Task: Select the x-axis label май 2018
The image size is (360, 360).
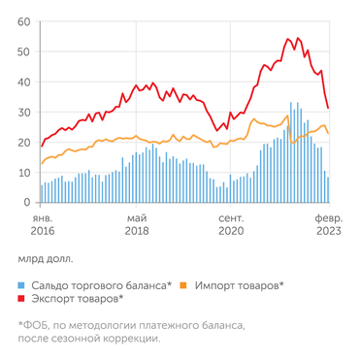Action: click(x=137, y=225)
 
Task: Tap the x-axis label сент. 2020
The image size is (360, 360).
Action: click(x=231, y=225)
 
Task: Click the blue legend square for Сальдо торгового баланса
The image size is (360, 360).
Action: click(x=22, y=285)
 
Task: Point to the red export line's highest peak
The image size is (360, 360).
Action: click(x=288, y=39)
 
